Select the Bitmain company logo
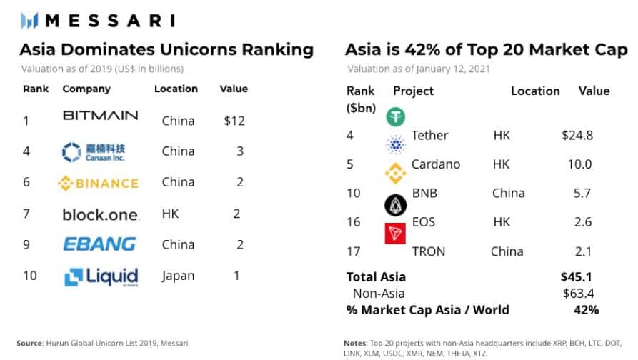[100, 116]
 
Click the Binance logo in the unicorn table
[98, 184]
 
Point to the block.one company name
[100, 214]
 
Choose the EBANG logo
[99, 244]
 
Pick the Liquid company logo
[101, 276]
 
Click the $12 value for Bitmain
[234, 121]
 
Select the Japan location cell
[179, 276]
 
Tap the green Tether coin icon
[395, 116]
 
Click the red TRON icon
[395, 234]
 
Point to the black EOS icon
[395, 206]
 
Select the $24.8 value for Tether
[577, 135]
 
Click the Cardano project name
[436, 164]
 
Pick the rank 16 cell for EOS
[354, 222]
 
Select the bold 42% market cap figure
[585, 310]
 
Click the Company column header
[86, 89]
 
